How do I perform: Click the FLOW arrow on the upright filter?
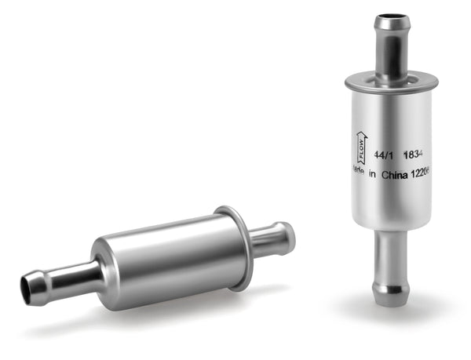[357, 147]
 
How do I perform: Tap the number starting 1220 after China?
[423, 176]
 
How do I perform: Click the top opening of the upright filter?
[391, 19]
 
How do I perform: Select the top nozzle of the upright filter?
[391, 47]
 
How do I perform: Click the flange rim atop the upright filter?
[390, 78]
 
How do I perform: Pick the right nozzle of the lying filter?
[271, 238]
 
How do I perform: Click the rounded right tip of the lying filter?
[289, 235]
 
